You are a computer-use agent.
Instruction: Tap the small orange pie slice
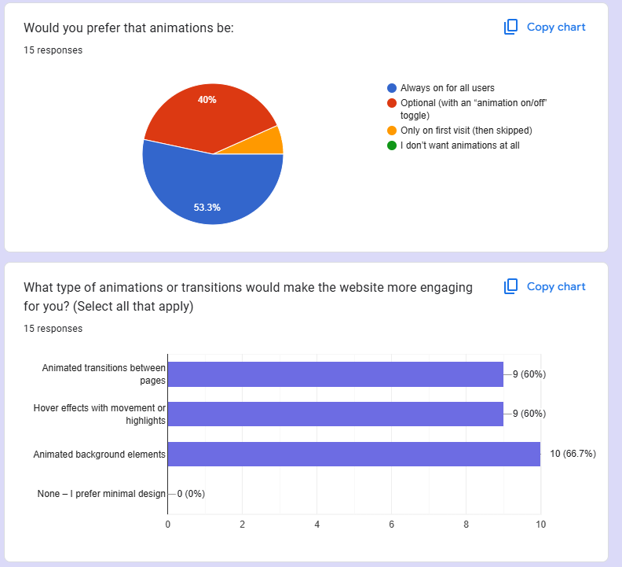pos(273,142)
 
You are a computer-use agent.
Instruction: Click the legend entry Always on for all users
pos(447,88)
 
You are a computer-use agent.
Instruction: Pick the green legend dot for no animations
pos(392,145)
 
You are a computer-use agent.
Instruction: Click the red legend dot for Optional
pos(392,103)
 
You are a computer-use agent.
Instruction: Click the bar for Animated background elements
pos(353,454)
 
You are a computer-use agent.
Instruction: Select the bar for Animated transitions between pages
pos(335,374)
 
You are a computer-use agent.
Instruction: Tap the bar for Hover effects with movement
pos(335,414)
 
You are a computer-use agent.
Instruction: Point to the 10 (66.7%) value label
pos(573,454)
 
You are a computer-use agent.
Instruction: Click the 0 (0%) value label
pos(192,494)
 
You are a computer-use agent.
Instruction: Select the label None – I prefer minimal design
pos(101,494)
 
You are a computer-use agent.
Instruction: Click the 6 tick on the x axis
pos(391,524)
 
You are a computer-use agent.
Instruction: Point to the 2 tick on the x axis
pos(242,524)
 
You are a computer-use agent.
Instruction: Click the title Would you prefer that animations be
pos(129,28)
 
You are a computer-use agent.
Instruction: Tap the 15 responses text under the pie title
pos(53,50)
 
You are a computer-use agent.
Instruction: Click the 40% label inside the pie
pos(207,100)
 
